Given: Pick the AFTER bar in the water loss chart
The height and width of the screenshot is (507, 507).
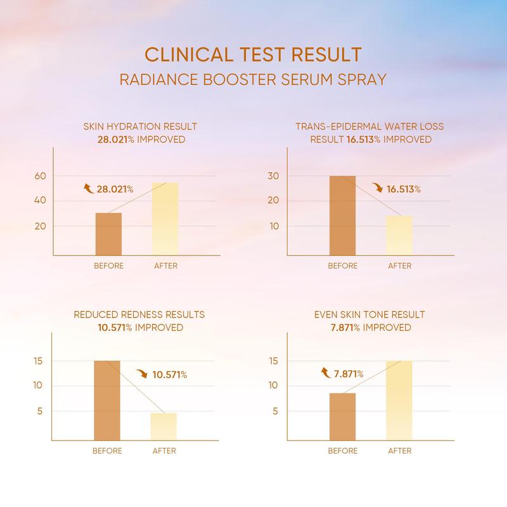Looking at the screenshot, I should (399, 235).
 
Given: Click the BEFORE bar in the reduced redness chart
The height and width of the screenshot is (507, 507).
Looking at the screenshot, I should (107, 400).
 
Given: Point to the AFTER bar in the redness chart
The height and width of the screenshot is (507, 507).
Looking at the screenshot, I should (164, 426).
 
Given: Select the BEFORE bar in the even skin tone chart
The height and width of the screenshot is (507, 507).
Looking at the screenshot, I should (342, 416).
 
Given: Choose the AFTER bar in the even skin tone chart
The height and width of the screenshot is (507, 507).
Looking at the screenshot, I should (399, 400).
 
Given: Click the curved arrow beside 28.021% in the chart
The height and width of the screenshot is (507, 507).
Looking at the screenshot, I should (89, 188).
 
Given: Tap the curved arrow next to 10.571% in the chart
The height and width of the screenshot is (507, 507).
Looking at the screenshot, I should (141, 374).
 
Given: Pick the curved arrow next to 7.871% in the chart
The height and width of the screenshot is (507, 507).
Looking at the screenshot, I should (324, 374).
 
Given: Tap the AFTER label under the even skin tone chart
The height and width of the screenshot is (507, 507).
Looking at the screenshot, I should (400, 451).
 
